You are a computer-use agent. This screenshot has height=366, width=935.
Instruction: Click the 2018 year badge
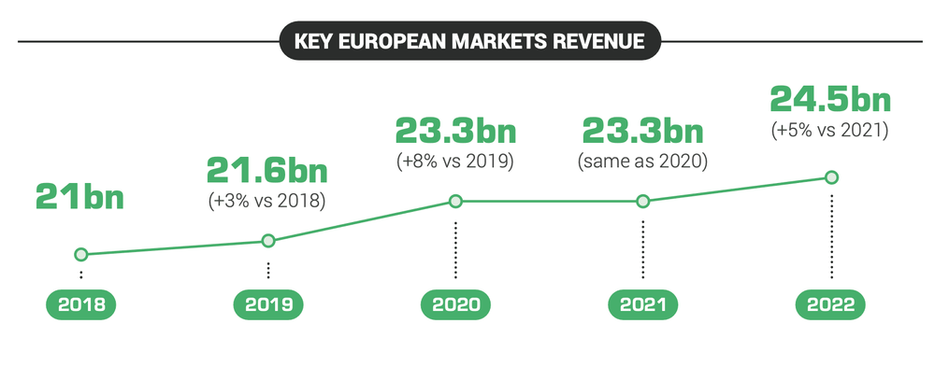click(81, 304)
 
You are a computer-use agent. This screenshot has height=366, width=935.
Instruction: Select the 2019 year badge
click(268, 304)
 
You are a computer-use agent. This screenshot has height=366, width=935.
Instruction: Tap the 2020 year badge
click(455, 304)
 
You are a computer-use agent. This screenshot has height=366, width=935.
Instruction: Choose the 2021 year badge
click(642, 304)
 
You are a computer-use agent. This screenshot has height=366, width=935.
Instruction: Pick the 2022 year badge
click(830, 304)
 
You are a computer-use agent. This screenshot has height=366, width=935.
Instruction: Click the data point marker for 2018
click(81, 254)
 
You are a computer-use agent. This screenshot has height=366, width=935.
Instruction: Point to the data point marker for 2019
click(268, 241)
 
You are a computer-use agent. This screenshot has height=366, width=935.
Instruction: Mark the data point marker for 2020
click(455, 201)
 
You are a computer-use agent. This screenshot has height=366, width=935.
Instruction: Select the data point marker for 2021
click(642, 201)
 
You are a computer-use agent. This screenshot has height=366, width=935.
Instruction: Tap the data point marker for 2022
click(830, 177)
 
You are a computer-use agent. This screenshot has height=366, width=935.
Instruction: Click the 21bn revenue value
click(80, 197)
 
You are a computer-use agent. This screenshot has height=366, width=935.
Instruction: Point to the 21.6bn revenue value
click(268, 172)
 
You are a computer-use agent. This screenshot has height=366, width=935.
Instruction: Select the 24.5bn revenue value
click(830, 100)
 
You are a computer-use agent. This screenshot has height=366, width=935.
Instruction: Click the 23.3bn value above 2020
click(455, 130)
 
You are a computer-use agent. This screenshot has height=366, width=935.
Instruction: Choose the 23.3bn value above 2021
click(642, 130)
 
